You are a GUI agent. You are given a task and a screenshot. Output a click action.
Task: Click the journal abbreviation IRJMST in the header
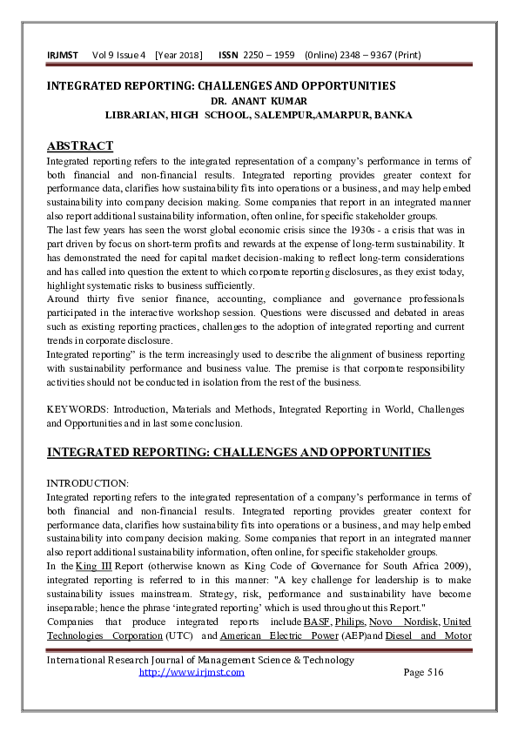tap(62, 56)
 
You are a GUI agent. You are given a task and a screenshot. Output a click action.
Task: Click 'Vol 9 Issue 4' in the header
tap(117, 56)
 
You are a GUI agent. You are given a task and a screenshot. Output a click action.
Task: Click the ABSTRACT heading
tap(79, 145)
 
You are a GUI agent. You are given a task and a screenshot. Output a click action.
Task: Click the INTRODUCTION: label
tap(87, 482)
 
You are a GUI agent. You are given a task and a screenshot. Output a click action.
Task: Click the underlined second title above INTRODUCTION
tap(238, 452)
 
